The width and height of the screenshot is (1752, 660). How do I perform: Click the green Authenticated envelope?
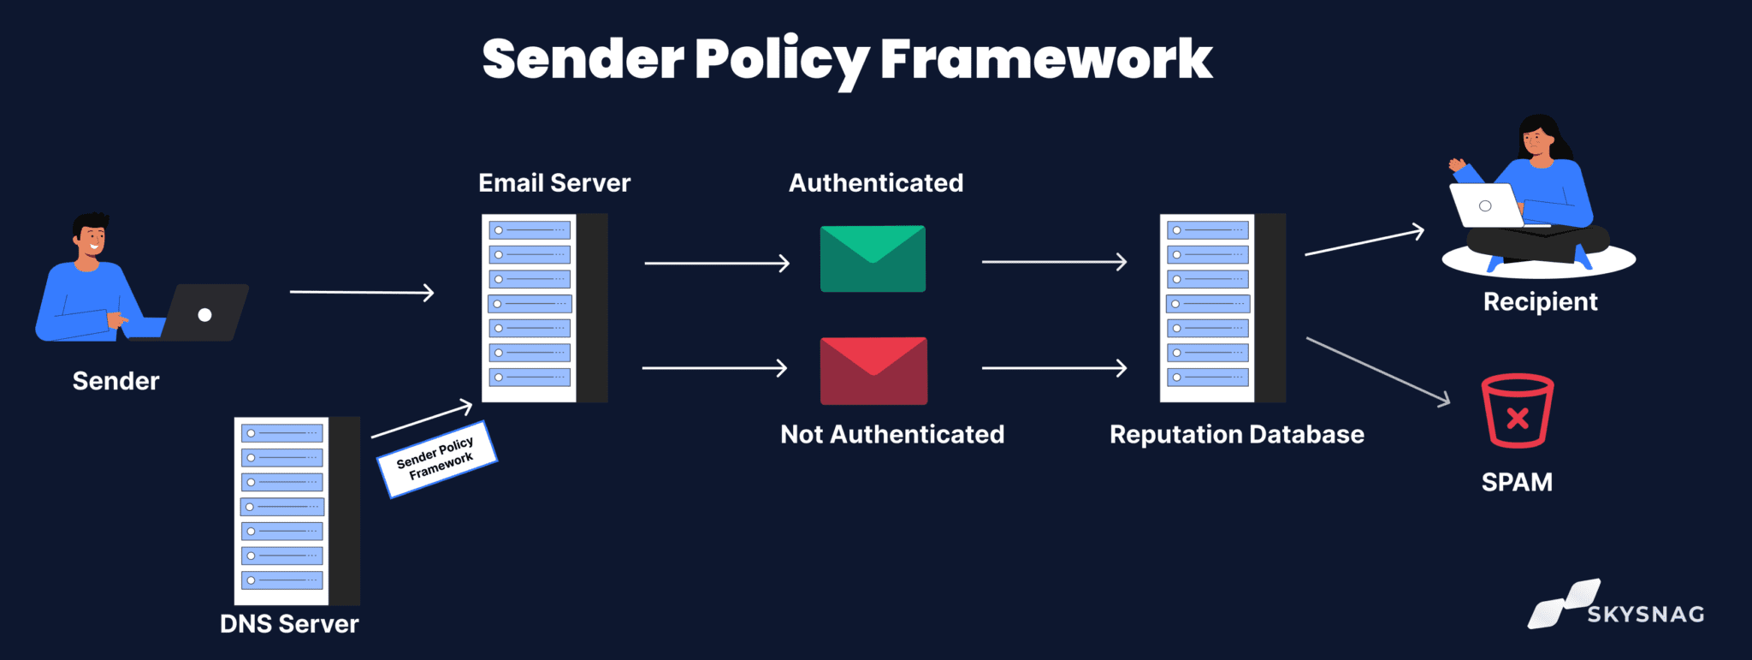873,259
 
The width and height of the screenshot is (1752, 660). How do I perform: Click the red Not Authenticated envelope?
873,371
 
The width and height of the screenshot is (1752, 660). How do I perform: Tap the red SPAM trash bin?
1517,411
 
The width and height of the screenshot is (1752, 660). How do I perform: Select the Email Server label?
554,183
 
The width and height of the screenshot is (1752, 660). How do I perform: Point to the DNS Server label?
289,624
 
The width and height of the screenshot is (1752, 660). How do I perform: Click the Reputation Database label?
1236,435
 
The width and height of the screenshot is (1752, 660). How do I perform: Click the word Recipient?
1540,302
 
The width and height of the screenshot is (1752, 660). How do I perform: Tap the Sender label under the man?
115,381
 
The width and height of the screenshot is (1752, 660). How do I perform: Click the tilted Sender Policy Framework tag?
436,459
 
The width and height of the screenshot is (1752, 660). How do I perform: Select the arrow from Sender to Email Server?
361,293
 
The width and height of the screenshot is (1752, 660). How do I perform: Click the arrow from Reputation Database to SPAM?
1377,370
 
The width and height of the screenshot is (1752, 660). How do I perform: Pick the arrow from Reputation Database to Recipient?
1364,242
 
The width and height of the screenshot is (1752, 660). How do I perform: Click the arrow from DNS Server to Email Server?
422,420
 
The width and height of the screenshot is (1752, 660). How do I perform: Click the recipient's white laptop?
1487,206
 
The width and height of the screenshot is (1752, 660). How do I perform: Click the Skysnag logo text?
1645,615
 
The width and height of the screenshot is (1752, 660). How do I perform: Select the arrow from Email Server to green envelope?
716,264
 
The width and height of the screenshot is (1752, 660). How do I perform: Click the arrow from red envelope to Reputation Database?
1054,368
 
